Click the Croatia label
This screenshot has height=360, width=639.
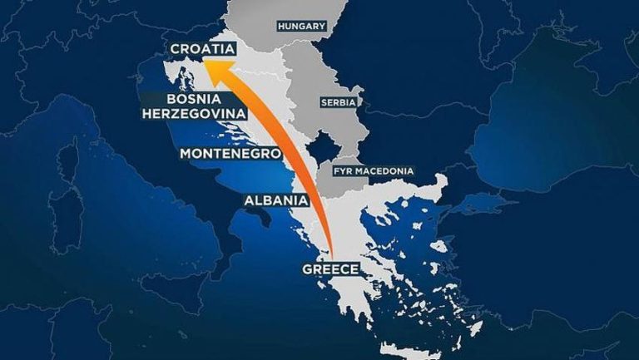click(201, 49)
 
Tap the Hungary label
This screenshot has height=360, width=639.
click(302, 26)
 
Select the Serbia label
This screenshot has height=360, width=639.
click(338, 102)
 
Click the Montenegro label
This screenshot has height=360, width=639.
click(230, 154)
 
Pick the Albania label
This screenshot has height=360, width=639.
click(277, 200)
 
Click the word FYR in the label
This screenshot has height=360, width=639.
click(342, 171)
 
